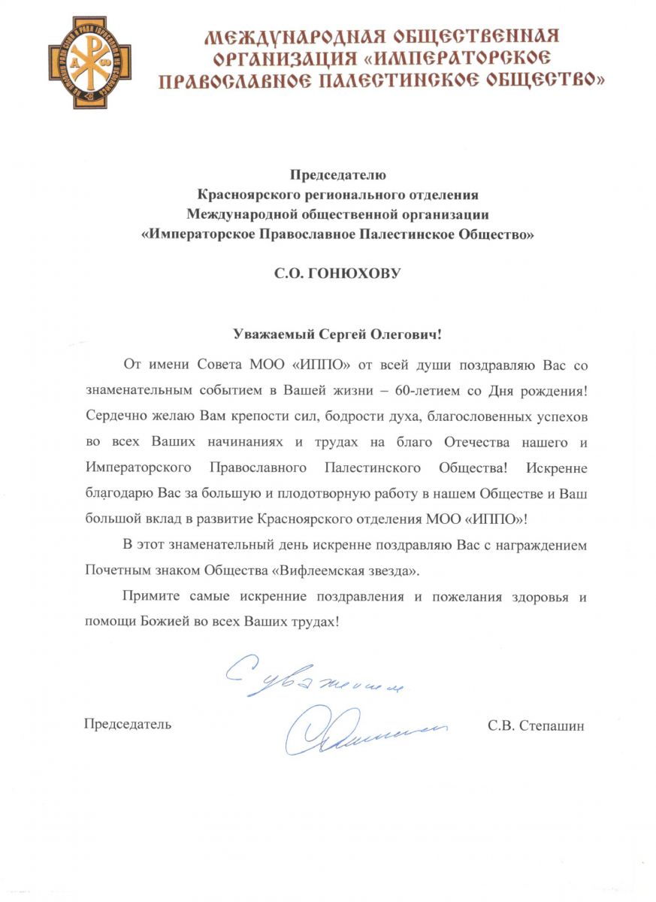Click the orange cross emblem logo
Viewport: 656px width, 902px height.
[89, 63]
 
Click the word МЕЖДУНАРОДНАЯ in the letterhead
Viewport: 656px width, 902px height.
[290, 37]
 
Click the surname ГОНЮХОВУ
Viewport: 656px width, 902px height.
[360, 274]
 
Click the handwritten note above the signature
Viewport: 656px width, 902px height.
[316, 676]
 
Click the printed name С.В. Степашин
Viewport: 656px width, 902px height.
[535, 726]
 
